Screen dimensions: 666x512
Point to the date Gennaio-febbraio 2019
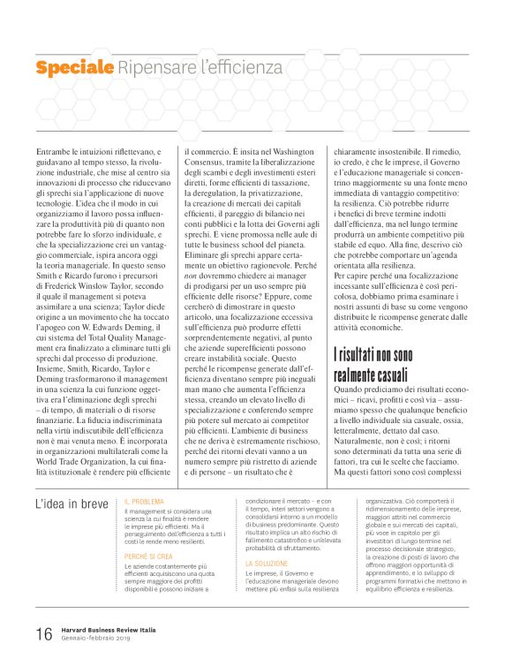coord(97,639)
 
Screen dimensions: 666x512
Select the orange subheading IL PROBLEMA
coord(144,502)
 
